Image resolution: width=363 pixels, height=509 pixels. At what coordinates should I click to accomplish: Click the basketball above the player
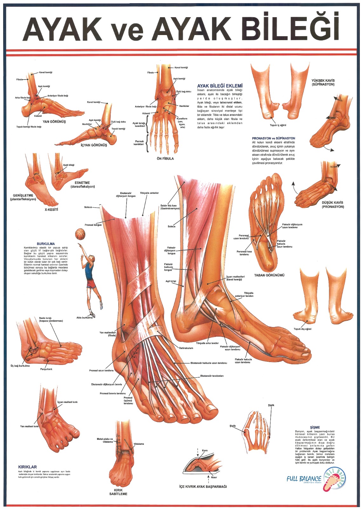click(80, 234)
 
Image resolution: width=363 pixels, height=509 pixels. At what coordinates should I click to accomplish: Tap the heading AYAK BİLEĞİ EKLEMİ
click(220, 86)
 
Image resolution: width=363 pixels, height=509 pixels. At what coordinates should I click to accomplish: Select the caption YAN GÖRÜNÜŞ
click(54, 122)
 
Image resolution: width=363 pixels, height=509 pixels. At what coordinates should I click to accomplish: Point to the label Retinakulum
click(186, 348)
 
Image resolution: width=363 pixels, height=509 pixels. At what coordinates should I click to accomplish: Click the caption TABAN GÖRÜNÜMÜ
click(269, 275)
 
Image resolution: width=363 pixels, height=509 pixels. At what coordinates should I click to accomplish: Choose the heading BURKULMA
click(46, 244)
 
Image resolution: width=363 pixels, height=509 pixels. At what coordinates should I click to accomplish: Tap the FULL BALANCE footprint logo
click(334, 479)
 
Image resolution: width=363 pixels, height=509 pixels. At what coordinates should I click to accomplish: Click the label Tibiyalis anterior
click(149, 193)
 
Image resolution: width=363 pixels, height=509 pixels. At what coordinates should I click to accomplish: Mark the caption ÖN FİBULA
click(165, 158)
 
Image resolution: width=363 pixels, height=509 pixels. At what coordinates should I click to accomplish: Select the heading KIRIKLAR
click(28, 467)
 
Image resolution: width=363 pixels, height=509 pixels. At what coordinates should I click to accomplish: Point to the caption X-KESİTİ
click(51, 210)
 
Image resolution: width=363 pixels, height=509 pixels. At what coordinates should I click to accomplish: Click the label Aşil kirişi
click(171, 281)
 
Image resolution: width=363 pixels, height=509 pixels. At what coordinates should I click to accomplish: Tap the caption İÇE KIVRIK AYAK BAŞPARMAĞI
click(203, 487)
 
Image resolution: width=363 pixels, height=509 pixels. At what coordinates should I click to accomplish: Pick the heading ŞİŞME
click(315, 427)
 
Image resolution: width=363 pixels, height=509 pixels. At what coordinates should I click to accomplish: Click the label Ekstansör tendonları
click(212, 376)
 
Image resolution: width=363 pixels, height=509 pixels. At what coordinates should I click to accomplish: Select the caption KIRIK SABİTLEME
click(118, 492)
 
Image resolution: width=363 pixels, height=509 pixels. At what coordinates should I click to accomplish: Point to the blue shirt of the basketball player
click(89, 271)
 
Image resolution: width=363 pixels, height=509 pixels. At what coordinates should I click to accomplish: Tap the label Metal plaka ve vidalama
click(105, 440)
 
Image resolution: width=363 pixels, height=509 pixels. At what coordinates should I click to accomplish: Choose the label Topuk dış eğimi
click(302, 329)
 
